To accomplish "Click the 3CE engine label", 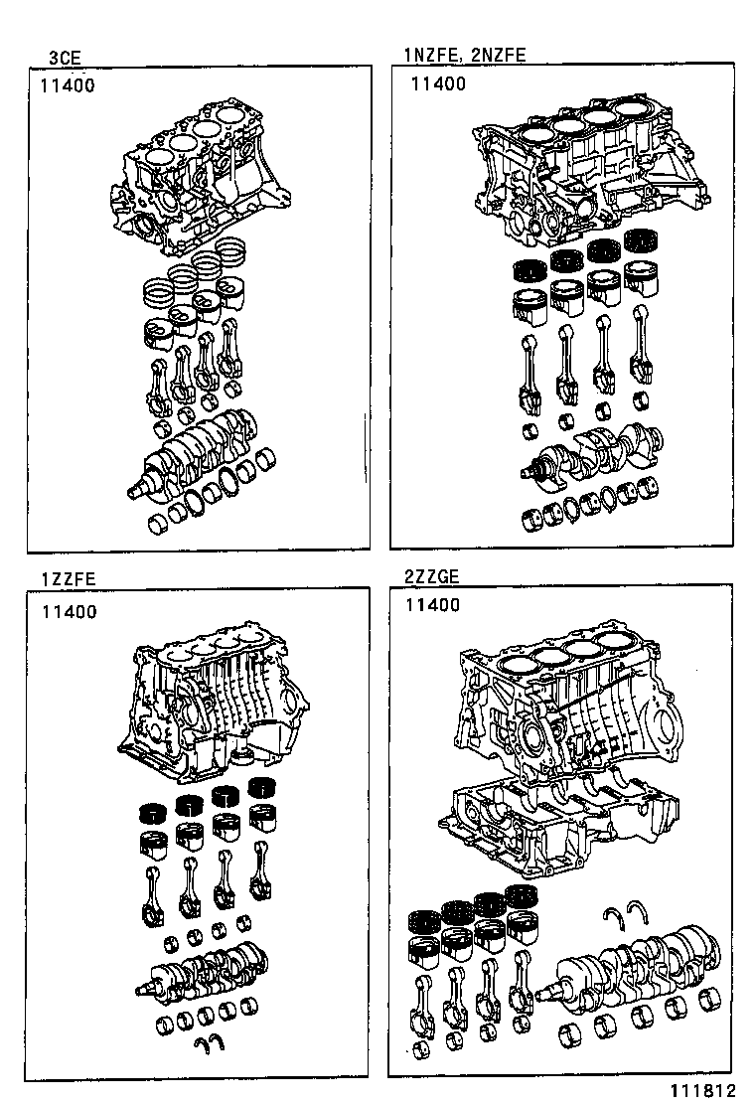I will coord(65,57).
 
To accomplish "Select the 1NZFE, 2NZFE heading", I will coord(463,56).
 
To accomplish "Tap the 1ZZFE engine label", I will coord(69,579).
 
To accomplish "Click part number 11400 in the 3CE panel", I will coord(68,85).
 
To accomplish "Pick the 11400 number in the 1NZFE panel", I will coord(438,84).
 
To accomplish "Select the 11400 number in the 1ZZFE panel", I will coord(70,612).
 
